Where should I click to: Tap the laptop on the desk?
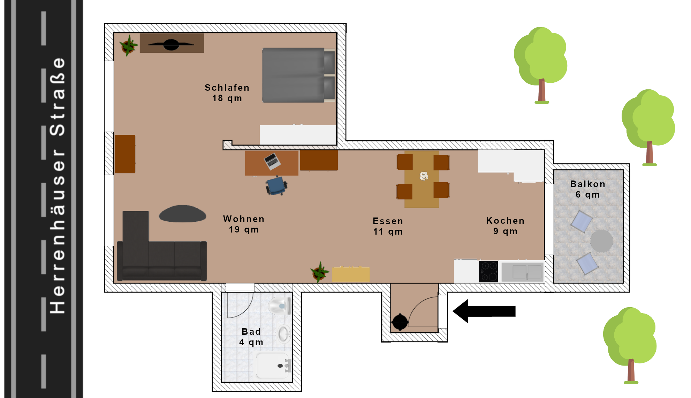[272, 161]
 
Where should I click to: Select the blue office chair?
[276, 185]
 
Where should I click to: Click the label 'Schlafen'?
[227, 88]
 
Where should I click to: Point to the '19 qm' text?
[244, 229]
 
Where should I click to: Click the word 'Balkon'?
[588, 184]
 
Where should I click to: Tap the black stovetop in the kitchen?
[488, 271]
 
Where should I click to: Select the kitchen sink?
[522, 272]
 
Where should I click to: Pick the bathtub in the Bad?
[274, 366]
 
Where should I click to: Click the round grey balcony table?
[602, 241]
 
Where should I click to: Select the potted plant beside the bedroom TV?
[128, 45]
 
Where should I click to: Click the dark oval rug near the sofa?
[182, 214]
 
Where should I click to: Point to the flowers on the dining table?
[424, 176]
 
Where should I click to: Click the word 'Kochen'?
[505, 221]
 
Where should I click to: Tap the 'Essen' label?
[388, 221]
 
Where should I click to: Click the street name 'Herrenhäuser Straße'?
[58, 186]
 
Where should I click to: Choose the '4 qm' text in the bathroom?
[251, 342]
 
